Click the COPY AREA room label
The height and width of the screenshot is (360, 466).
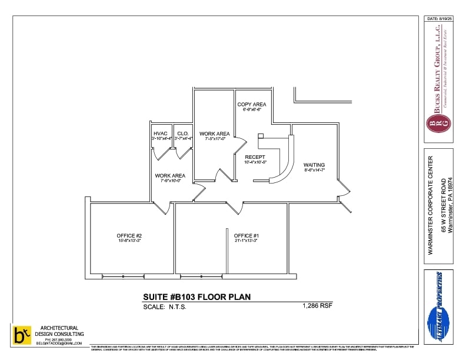252,104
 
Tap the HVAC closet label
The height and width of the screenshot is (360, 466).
161,134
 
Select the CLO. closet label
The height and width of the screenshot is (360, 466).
183,134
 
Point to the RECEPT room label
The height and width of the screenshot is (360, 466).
255,157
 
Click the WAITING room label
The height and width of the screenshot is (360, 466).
314,165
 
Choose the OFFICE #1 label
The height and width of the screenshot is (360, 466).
247,235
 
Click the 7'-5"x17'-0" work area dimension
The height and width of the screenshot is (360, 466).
215,139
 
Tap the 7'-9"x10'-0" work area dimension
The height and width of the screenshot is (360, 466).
170,181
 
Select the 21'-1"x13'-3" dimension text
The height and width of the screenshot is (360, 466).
247,241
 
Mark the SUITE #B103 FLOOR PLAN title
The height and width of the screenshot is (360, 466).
197,297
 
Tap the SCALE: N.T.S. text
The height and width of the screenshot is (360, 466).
165,306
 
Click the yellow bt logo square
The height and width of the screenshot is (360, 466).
21,335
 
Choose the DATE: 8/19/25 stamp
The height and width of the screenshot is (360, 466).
438,19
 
